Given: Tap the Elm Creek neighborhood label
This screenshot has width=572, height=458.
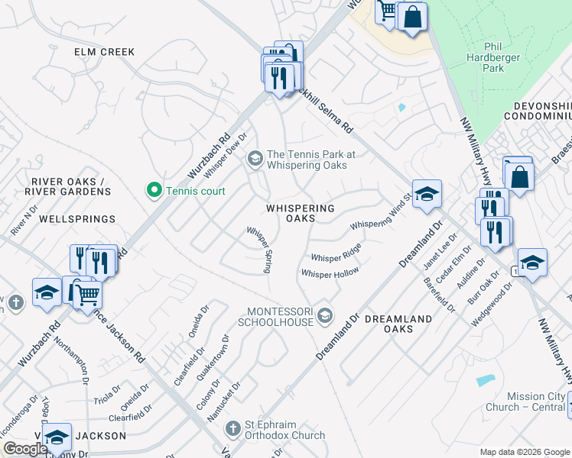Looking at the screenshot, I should [x=104, y=52].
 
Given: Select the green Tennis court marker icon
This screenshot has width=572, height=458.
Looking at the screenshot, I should [x=154, y=190].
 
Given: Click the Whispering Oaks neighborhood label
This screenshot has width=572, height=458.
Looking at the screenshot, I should [x=301, y=213].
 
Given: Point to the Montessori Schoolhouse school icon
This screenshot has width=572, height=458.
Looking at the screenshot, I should [x=327, y=315].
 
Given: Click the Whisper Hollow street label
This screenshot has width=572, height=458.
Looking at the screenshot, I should [x=330, y=273].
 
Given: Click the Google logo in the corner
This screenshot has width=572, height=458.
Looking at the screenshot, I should [x=25, y=449].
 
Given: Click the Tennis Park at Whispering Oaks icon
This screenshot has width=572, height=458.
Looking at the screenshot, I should [x=255, y=160].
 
